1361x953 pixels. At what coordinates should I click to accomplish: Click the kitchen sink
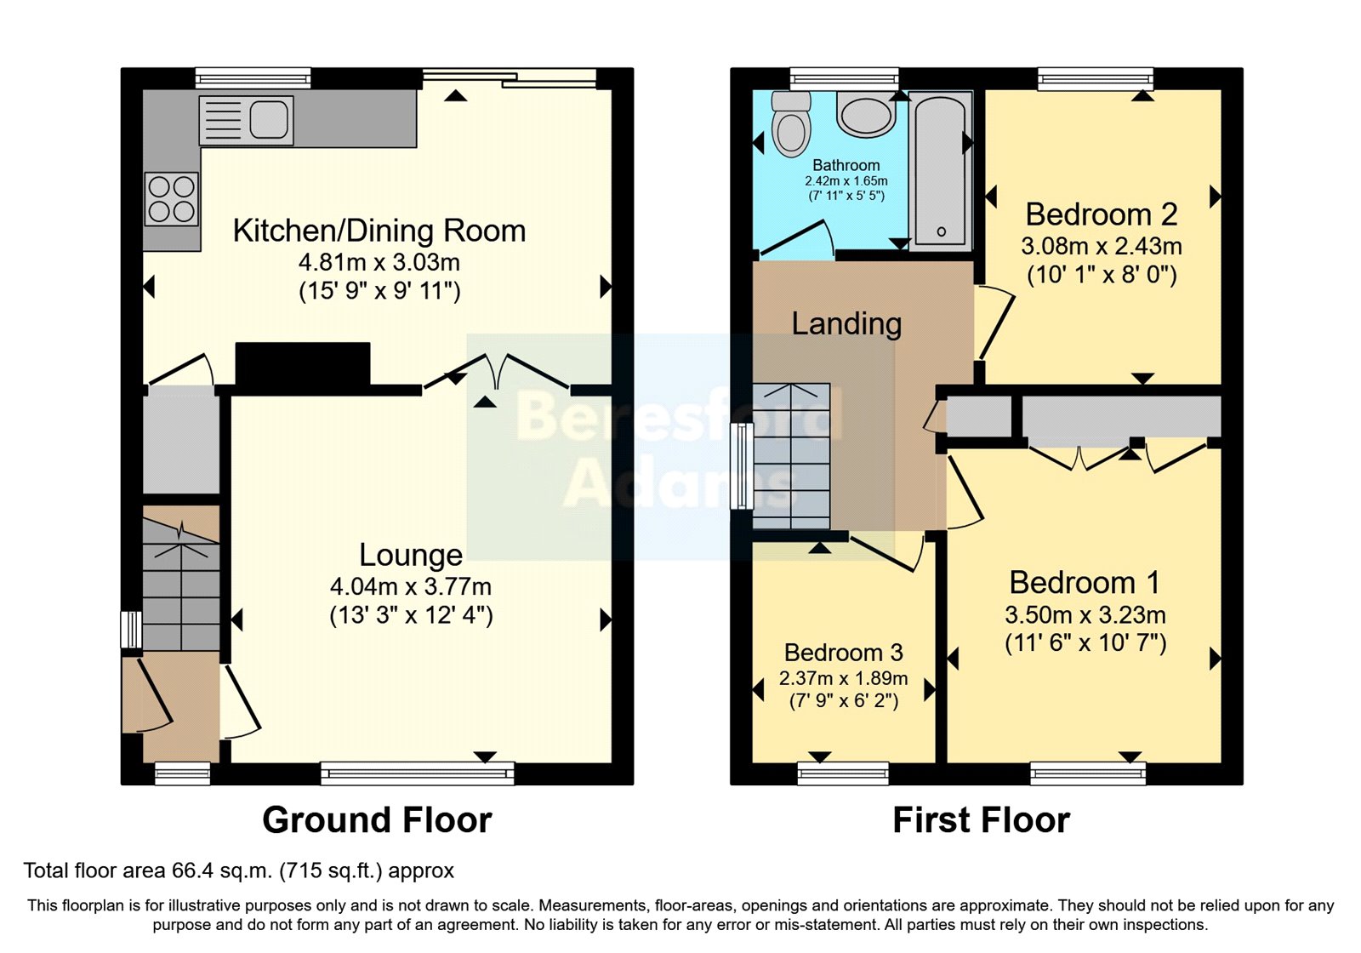(246, 119)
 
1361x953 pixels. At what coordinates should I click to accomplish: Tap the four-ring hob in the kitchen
(171, 198)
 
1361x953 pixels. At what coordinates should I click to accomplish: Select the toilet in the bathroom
(790, 126)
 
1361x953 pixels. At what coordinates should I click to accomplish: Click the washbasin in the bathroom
(865, 116)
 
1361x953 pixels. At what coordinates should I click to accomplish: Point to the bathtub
(940, 170)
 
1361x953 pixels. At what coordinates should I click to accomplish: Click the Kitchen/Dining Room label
(379, 231)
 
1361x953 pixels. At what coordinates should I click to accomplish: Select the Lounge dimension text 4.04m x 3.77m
(411, 586)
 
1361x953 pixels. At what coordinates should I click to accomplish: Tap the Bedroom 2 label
(1102, 214)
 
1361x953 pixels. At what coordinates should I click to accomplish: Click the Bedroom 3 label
(843, 653)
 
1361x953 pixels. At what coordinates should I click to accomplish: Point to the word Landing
(846, 323)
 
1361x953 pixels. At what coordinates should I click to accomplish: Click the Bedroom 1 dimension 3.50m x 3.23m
(1085, 614)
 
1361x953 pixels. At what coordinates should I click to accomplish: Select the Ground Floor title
(377, 820)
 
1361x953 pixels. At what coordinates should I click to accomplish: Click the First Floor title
(981, 820)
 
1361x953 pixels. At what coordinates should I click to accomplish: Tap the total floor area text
(238, 870)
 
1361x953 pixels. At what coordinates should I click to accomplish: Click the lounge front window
(417, 773)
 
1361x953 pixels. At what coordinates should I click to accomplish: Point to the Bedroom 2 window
(1095, 79)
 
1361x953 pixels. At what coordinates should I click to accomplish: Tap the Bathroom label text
(846, 165)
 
